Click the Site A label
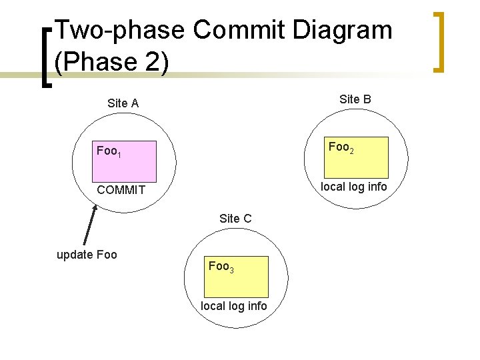pos(123,103)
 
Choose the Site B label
pos(355,99)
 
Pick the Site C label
pos(235,218)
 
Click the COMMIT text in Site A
pos(121,191)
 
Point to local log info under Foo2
pos(353,187)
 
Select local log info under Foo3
pos(234,306)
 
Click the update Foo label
pos(87,255)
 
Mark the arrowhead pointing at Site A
pos(95,207)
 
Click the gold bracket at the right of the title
pos(439,41)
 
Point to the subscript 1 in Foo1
pos(119,155)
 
